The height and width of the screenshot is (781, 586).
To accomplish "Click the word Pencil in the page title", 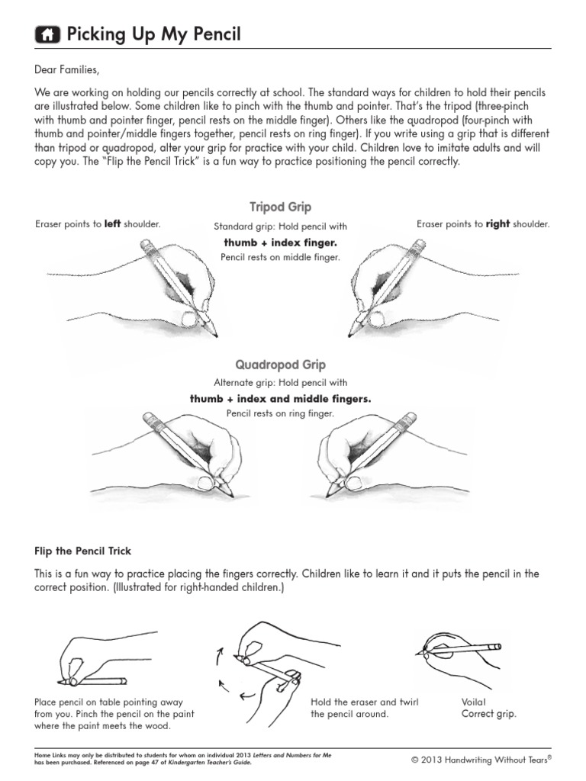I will [x=212, y=34].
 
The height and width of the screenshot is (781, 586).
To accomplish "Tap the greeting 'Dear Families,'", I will [x=67, y=70].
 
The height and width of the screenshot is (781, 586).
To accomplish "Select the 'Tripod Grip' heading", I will [x=280, y=207].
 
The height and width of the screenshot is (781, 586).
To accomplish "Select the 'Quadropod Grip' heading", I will [x=280, y=365].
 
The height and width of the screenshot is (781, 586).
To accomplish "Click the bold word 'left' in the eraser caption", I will [x=113, y=224].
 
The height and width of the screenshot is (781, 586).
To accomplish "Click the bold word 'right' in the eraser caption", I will [x=498, y=224].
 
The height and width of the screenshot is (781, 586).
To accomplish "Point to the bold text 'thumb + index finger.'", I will [x=280, y=243].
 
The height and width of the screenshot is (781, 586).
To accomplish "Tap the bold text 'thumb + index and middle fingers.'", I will [x=280, y=399].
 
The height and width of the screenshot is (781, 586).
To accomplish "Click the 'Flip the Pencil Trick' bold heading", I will [x=83, y=550].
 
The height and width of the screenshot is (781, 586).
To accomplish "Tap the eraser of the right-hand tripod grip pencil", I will [x=418, y=245].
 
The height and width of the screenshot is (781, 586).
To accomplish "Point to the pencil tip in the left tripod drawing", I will [x=215, y=335].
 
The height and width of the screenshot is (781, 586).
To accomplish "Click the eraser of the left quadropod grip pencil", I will [x=149, y=418].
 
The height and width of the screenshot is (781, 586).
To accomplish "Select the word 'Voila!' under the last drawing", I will [x=474, y=701].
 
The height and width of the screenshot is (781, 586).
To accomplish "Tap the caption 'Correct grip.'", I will [x=488, y=714].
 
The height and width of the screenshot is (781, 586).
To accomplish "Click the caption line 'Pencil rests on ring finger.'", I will [x=280, y=414].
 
